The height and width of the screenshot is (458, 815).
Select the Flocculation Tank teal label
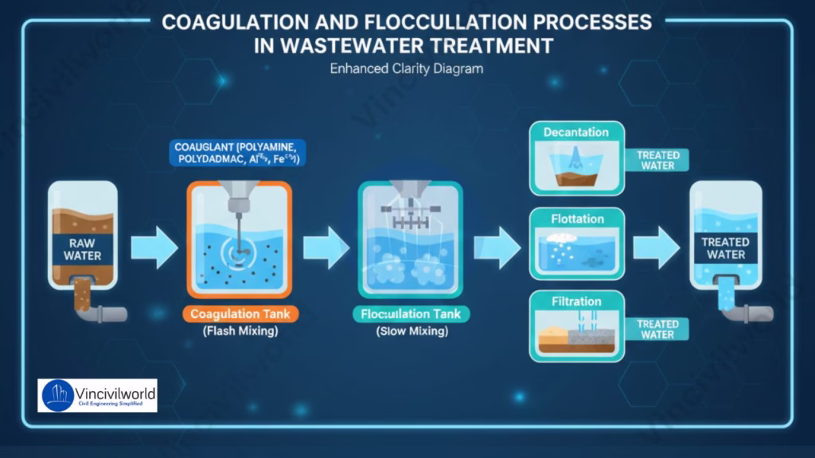[411, 314]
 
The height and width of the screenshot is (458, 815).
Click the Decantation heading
[576, 132]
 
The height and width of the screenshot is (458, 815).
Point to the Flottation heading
[577, 219]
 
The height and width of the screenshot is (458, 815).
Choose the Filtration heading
[576, 302]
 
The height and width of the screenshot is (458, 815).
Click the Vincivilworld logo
[97, 395]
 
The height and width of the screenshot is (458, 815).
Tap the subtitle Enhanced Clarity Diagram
[407, 68]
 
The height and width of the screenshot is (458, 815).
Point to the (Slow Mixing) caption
[411, 332]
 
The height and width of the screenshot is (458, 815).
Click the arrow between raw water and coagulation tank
[154, 247]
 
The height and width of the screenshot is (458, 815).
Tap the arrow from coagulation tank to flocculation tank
[326, 247]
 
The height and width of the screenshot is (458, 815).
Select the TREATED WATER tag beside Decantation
[657, 160]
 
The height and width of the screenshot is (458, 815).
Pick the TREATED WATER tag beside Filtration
[657, 329]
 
